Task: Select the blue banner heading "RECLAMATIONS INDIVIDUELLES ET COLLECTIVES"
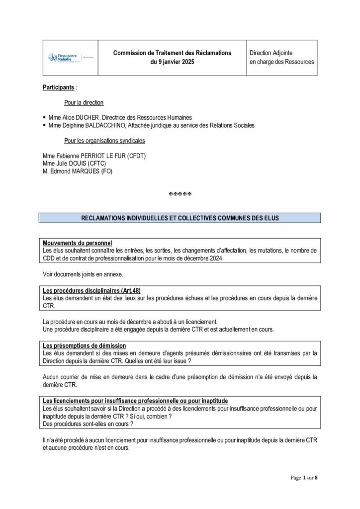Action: pos(180,218)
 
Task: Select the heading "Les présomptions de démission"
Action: pos(84,345)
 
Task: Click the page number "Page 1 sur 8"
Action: pos(304,478)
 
